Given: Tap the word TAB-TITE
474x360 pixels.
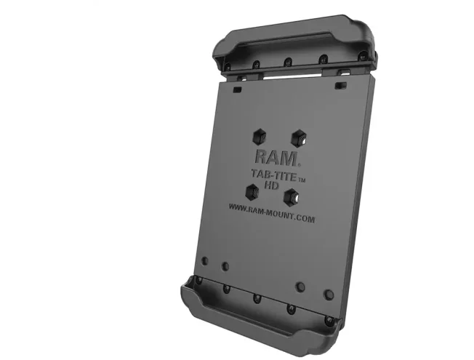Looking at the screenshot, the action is [x=273, y=175].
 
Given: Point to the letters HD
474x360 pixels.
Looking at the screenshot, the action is [x=271, y=185].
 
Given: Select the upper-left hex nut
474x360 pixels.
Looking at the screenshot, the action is [x=260, y=137].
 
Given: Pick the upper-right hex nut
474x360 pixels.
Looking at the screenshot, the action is [x=299, y=138].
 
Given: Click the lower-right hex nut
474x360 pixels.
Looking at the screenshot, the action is [x=292, y=198].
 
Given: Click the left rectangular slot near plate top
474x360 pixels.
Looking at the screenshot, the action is [x=237, y=89].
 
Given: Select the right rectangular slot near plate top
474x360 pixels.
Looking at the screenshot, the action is [x=340, y=85].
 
